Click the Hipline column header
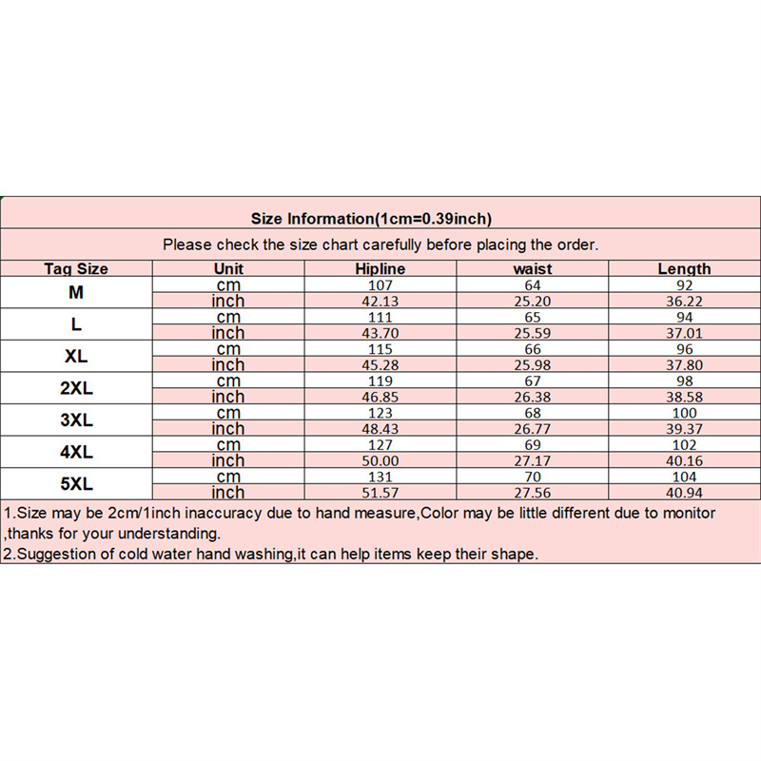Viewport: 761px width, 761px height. point(380,269)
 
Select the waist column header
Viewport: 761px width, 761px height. point(532,269)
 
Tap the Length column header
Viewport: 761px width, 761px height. point(684,269)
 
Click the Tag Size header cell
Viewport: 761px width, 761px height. point(76,269)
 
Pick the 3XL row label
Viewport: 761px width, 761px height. point(76,420)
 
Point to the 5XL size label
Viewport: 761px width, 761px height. point(76,483)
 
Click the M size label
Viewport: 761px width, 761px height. point(76,292)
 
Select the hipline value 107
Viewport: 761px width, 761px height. point(380,284)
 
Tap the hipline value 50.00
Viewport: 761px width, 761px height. point(380,460)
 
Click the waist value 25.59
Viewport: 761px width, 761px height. point(532,333)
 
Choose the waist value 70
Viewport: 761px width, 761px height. point(532,476)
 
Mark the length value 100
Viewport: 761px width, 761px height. point(684,412)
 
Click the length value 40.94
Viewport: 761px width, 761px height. point(684,493)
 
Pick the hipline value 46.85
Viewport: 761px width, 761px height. point(380,397)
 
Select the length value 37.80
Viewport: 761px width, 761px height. point(684,364)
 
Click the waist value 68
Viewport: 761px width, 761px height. point(532,412)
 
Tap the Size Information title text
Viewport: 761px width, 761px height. point(371,219)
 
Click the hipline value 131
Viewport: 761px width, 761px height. point(380,476)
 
